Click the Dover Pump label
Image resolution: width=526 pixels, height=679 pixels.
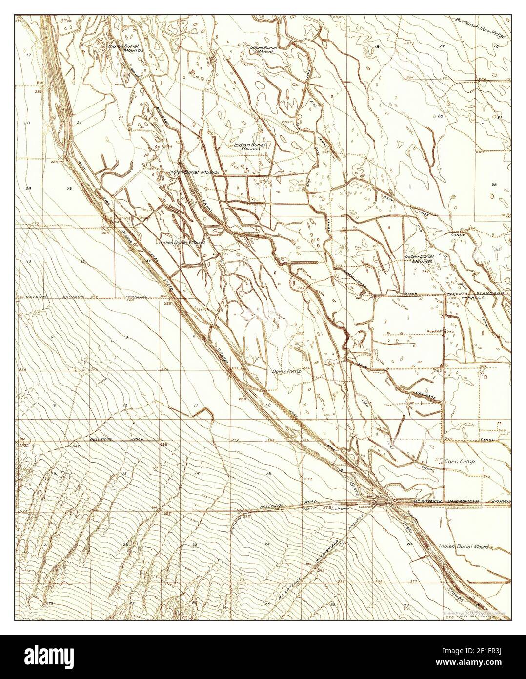coord(286,371)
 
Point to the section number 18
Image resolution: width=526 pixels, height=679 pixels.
coord(377,46)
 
